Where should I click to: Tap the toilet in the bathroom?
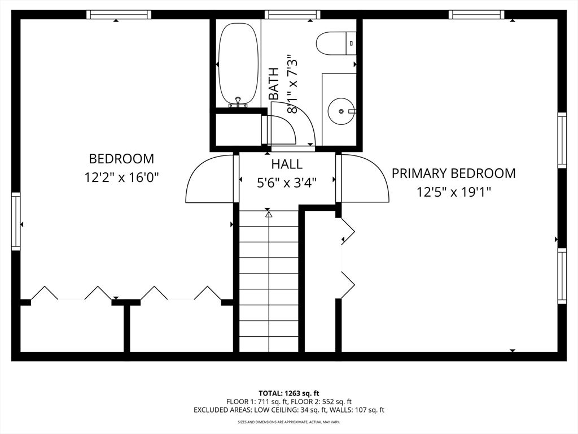click(335, 43)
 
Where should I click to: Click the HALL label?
click(287, 164)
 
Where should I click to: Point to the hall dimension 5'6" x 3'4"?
click(287, 183)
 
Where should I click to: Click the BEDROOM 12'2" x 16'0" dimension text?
click(121, 177)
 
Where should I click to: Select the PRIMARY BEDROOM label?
click(454, 173)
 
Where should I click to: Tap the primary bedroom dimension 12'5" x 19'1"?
click(454, 192)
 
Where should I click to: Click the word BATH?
click(274, 84)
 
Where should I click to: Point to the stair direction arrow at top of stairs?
click(269, 214)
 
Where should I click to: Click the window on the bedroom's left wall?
click(16, 222)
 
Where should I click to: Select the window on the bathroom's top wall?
click(292, 15)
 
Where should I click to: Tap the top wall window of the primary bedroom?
click(476, 15)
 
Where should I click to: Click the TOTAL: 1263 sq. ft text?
click(289, 393)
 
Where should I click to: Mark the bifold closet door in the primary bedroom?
click(347, 258)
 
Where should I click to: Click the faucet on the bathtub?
click(238, 102)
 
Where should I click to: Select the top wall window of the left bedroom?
click(119, 15)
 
